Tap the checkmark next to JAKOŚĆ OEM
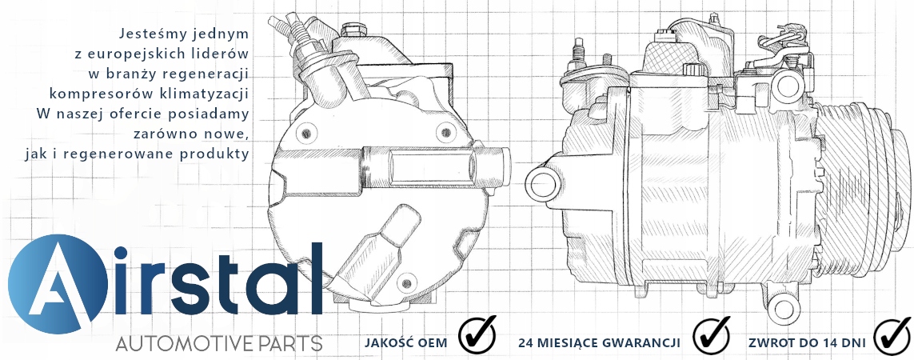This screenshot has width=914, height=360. coord(477,335)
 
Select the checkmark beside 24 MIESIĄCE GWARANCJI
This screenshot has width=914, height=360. coord(712,335)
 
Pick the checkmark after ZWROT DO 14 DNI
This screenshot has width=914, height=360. coord(892,335)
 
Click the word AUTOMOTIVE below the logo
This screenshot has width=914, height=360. coord(184,344)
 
